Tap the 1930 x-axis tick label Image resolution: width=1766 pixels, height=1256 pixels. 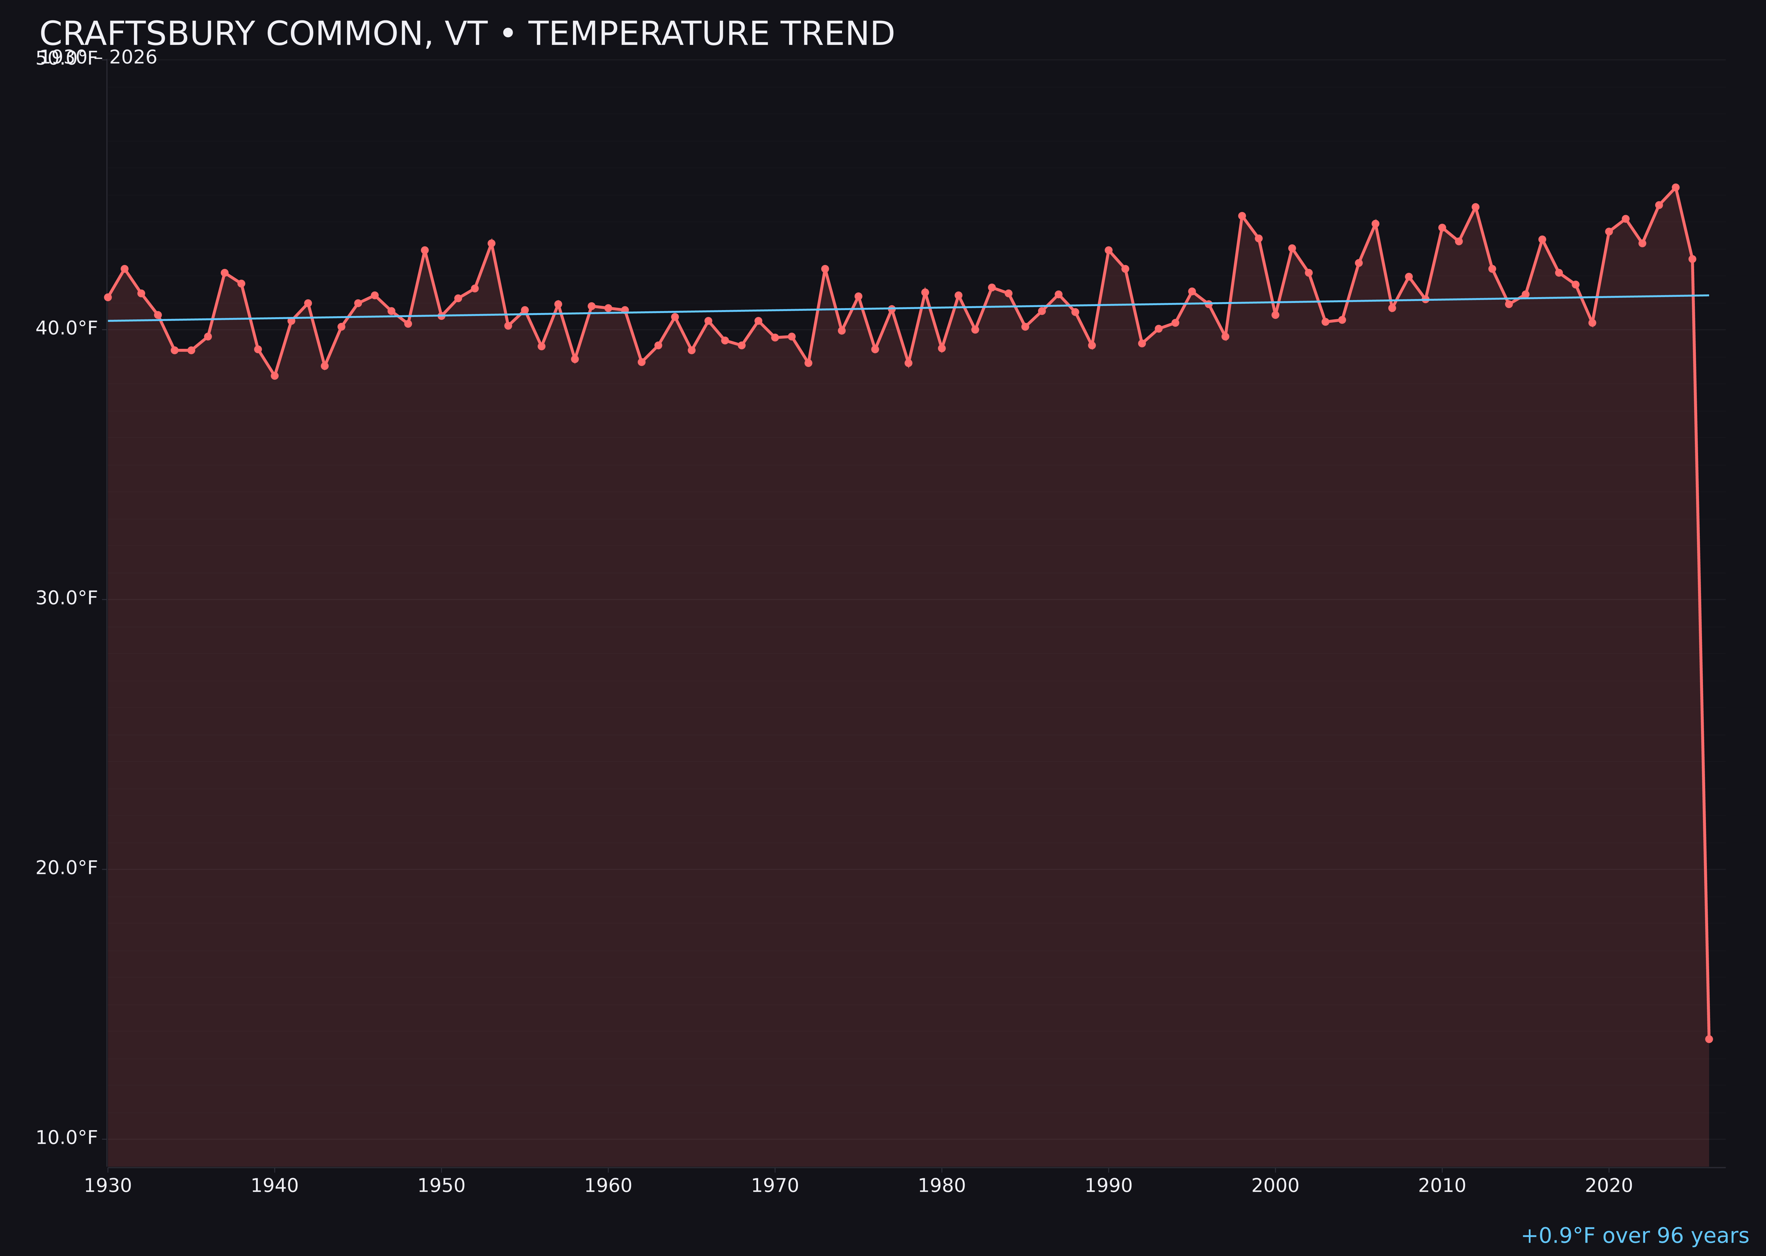(x=108, y=1186)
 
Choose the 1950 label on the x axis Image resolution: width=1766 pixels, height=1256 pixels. (x=441, y=1186)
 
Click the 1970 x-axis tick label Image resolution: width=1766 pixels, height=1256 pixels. (x=775, y=1186)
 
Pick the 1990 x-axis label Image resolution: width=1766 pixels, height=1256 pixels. (x=1109, y=1186)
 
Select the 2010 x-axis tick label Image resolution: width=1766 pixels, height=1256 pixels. (x=1442, y=1186)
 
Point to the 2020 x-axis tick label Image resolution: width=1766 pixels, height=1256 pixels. (x=1609, y=1186)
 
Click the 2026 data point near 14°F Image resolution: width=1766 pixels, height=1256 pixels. (x=1709, y=1039)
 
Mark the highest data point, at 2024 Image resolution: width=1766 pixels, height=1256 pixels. (x=1675, y=187)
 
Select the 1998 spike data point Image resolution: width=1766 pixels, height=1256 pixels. (x=1242, y=216)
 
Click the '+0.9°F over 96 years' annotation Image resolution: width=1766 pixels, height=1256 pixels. (x=1634, y=1236)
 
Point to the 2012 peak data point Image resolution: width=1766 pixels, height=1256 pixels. (x=1475, y=207)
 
